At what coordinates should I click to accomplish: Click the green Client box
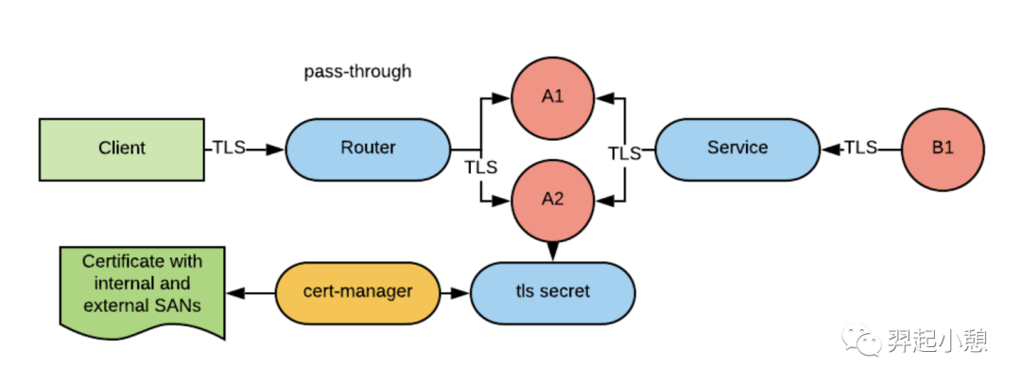[122, 149]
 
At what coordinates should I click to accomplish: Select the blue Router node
[368, 149]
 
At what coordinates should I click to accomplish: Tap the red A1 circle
[552, 97]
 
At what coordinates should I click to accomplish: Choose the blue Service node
[737, 149]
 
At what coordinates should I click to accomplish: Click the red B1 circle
[943, 149]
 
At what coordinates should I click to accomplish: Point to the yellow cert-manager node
[357, 292]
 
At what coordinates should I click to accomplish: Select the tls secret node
[552, 292]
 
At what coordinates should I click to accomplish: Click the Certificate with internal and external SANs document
[142, 292]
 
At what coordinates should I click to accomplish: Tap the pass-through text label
[357, 71]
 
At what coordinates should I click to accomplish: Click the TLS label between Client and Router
[229, 148]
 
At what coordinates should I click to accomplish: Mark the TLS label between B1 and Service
[861, 148]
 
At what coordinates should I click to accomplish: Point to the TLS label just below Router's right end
[480, 167]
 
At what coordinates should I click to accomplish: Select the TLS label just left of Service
[625, 154]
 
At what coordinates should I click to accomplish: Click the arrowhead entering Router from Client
[276, 149]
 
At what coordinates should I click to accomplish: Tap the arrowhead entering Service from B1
[830, 149]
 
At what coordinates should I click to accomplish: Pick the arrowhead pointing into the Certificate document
[234, 292]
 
